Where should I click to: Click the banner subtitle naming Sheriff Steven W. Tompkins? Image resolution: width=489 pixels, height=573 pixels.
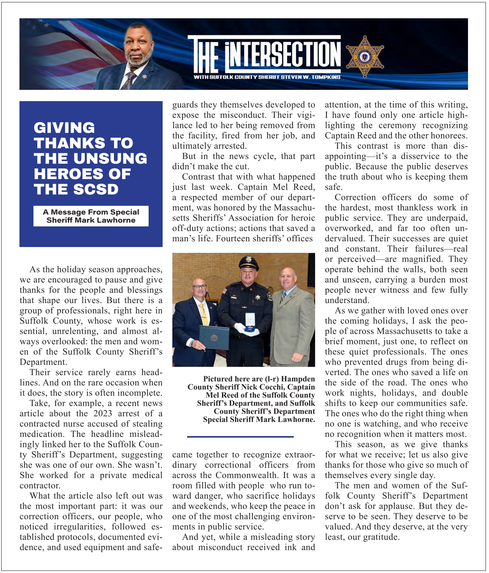tap(267, 77)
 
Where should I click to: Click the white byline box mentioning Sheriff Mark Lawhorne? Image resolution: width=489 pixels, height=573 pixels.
tap(91, 216)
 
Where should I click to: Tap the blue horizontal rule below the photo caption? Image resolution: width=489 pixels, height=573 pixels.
tap(240, 437)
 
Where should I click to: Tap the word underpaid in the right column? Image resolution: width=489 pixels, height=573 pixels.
tap(448, 218)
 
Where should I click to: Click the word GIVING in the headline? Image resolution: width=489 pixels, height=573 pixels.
tap(64, 128)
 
